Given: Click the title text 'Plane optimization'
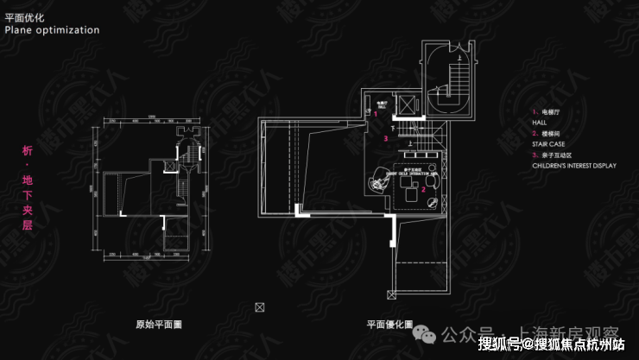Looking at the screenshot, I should [52, 29].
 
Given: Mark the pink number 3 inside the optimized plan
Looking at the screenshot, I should [386, 138].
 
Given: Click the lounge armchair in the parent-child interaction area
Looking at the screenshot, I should [377, 182].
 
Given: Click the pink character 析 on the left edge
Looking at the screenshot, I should [26, 150].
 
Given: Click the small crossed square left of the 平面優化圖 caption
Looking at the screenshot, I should [260, 306].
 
